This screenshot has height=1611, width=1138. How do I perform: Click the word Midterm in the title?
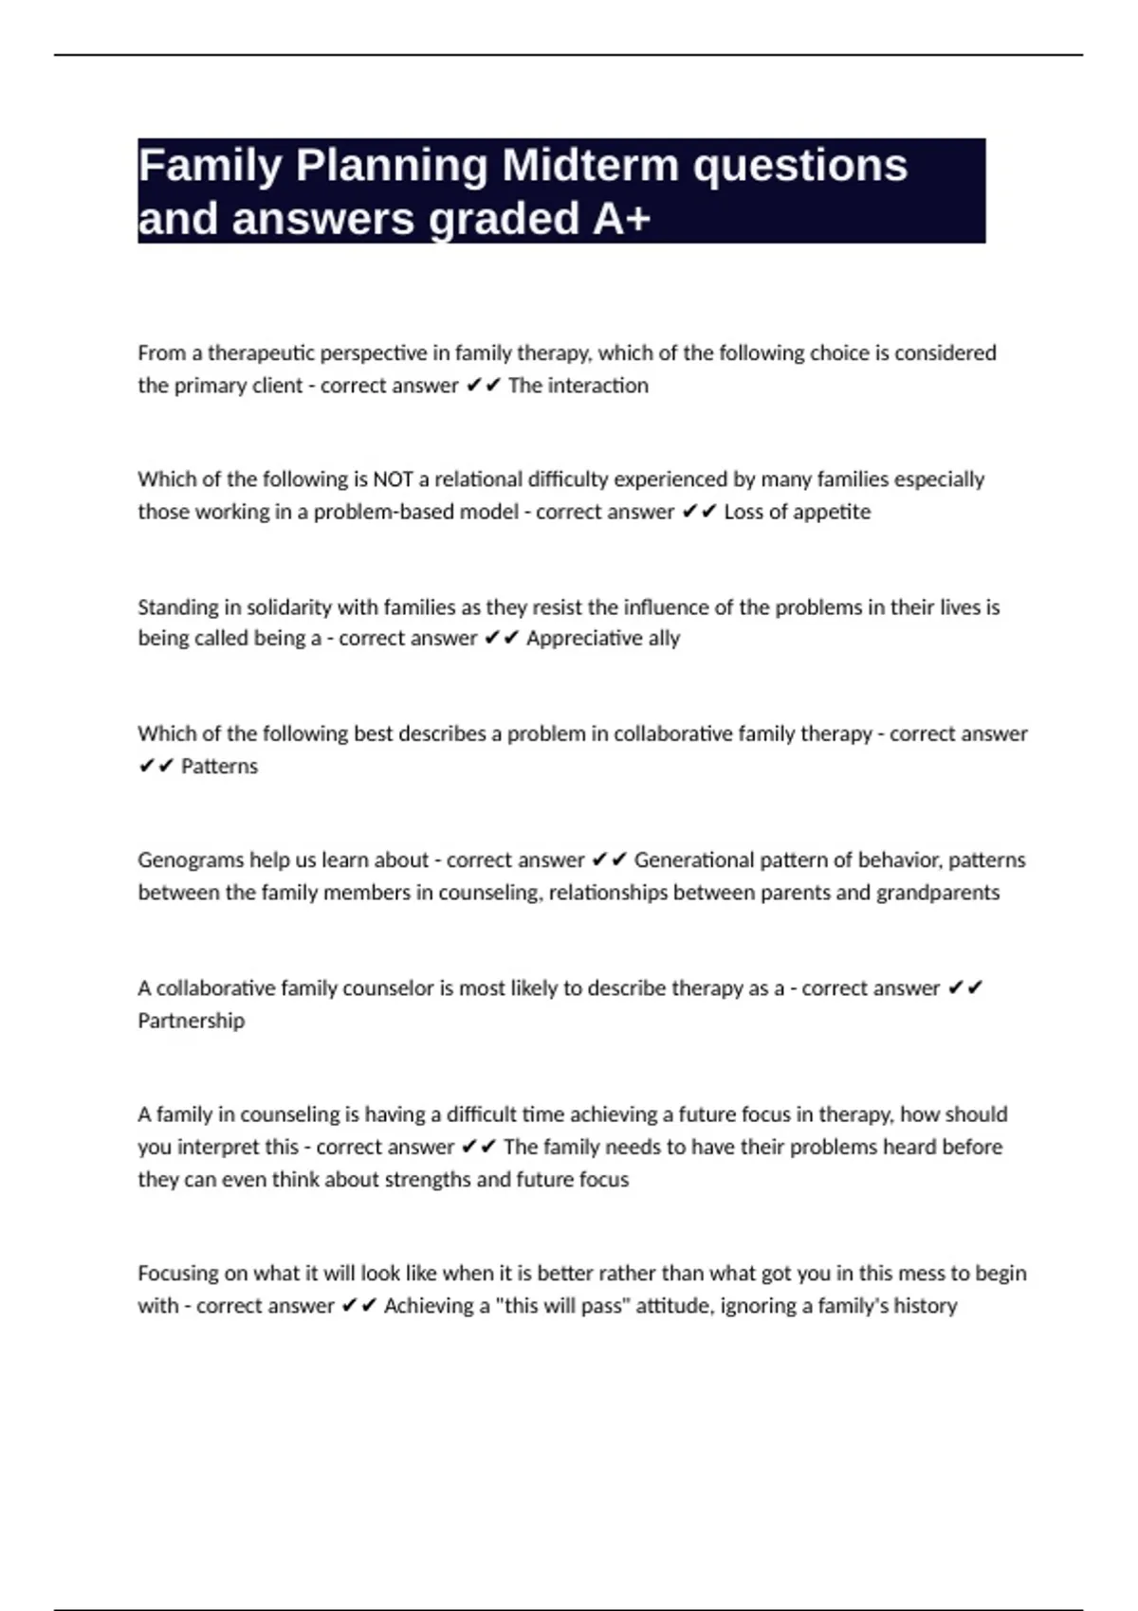click(590, 166)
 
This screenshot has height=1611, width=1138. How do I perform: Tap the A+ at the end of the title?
click(622, 219)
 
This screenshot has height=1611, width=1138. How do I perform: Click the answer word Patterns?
click(219, 766)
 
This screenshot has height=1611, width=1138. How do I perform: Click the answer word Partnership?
click(191, 1021)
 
